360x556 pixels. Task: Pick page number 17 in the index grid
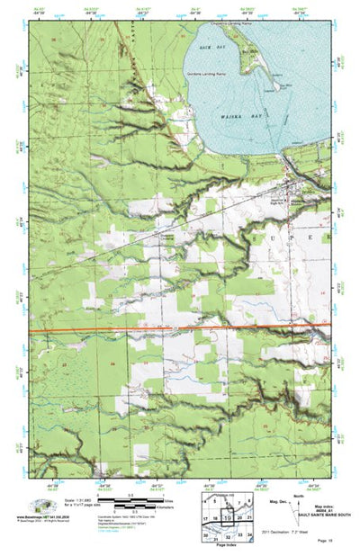pos(207,519)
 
